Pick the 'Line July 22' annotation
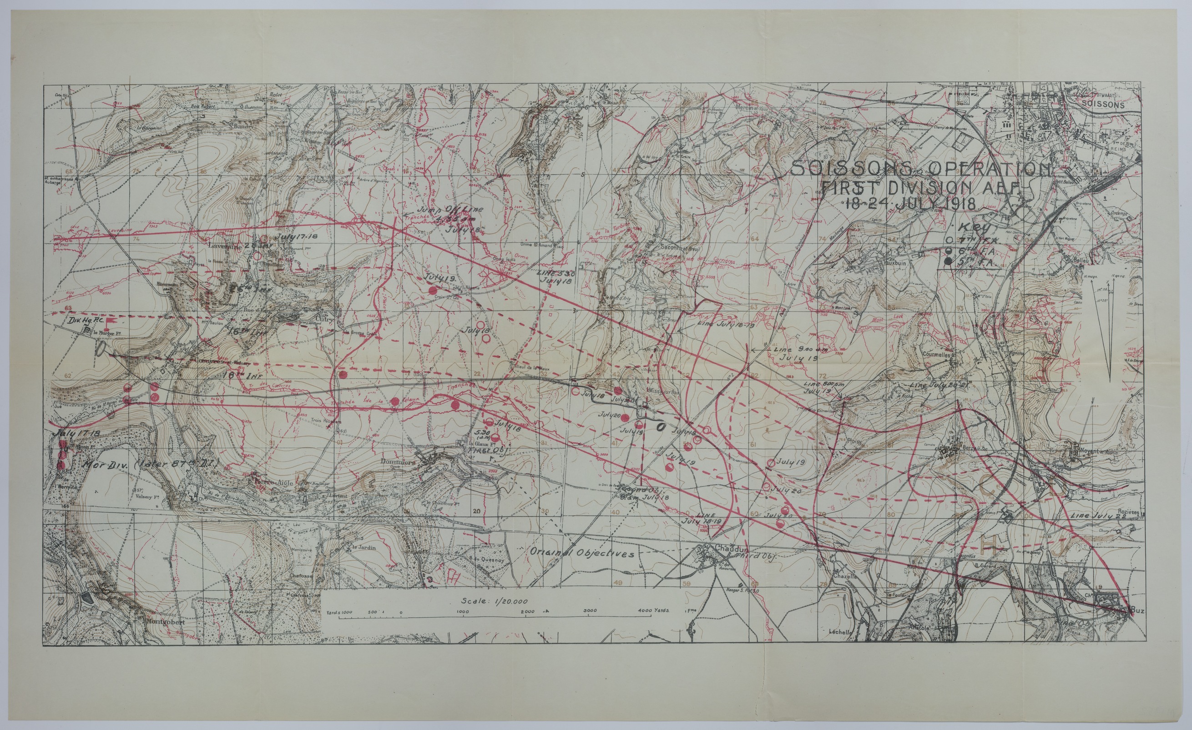coord(1098,516)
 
